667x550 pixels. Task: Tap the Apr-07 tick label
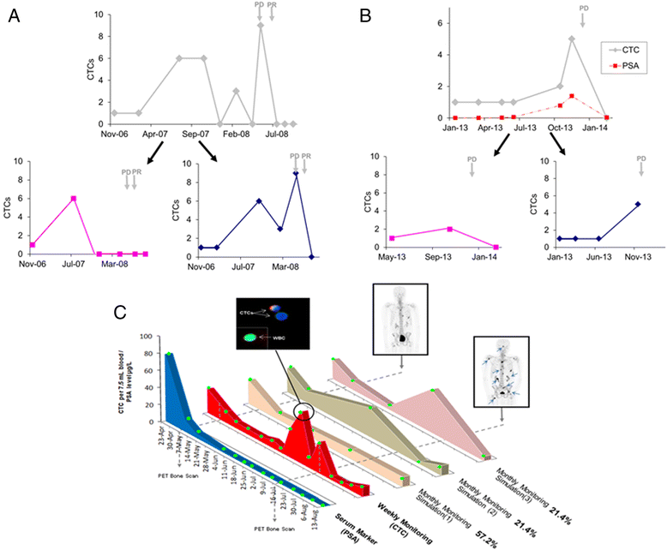162,135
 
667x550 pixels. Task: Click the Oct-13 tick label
559,129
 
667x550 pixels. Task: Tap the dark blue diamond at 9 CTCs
296,173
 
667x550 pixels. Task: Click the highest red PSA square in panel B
571,96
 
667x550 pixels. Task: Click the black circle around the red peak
304,415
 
